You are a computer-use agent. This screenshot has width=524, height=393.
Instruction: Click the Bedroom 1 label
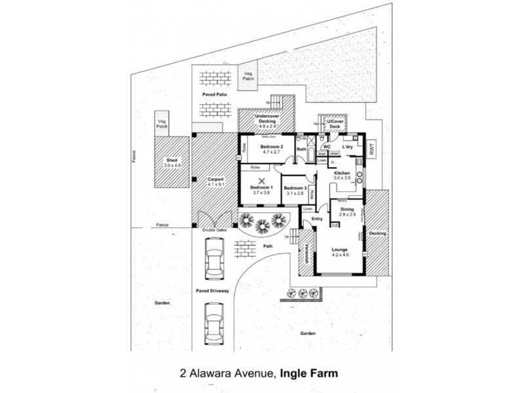(x=261, y=188)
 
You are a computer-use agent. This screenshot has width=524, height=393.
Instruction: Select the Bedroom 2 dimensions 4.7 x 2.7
(x=271, y=152)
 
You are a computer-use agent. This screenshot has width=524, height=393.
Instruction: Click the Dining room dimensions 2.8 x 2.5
(x=347, y=215)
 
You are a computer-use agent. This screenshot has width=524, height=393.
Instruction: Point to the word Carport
(x=216, y=179)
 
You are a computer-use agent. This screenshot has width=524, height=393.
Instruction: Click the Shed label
(x=172, y=160)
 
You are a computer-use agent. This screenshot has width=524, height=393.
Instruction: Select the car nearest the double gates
(x=214, y=259)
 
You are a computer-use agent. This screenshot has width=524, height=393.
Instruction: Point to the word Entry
(x=317, y=219)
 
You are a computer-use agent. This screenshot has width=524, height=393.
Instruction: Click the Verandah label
(x=307, y=252)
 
